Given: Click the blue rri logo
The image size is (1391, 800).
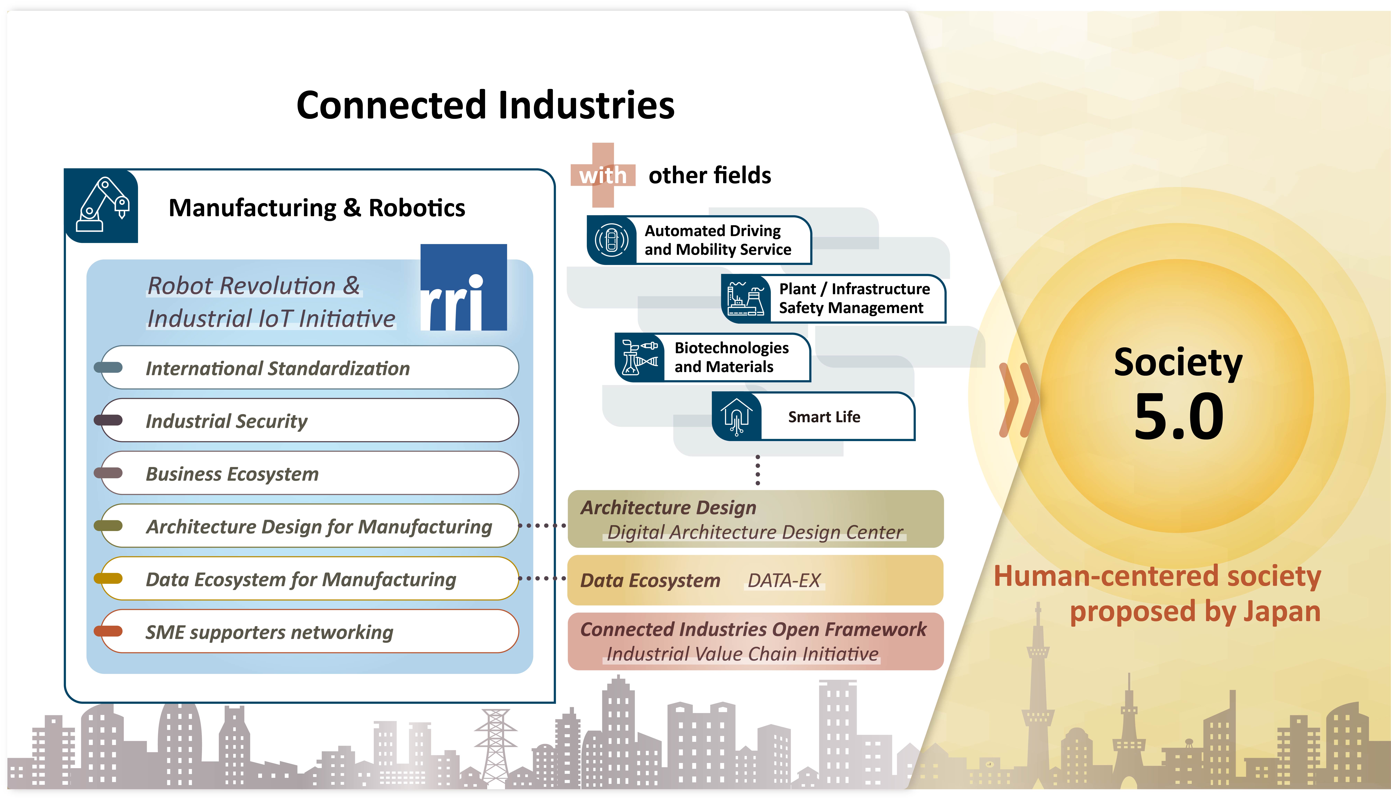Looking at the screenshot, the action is pyautogui.click(x=463, y=287).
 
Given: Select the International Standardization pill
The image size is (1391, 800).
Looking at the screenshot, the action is pyautogui.click(x=309, y=368).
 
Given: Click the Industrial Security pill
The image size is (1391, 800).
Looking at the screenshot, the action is pyautogui.click(x=309, y=420).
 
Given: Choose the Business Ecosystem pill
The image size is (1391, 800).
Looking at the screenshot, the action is pyautogui.click(x=309, y=473).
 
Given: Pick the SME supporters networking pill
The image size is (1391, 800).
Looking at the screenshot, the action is pyautogui.click(x=309, y=631).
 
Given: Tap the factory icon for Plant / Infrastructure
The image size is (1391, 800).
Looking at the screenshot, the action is pyautogui.click(x=746, y=298).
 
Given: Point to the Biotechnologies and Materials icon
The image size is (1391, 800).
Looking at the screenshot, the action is pyautogui.click(x=639, y=357).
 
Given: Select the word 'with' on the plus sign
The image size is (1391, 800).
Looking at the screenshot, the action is pyautogui.click(x=603, y=175).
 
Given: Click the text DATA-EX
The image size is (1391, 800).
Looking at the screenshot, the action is pyautogui.click(x=784, y=580).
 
